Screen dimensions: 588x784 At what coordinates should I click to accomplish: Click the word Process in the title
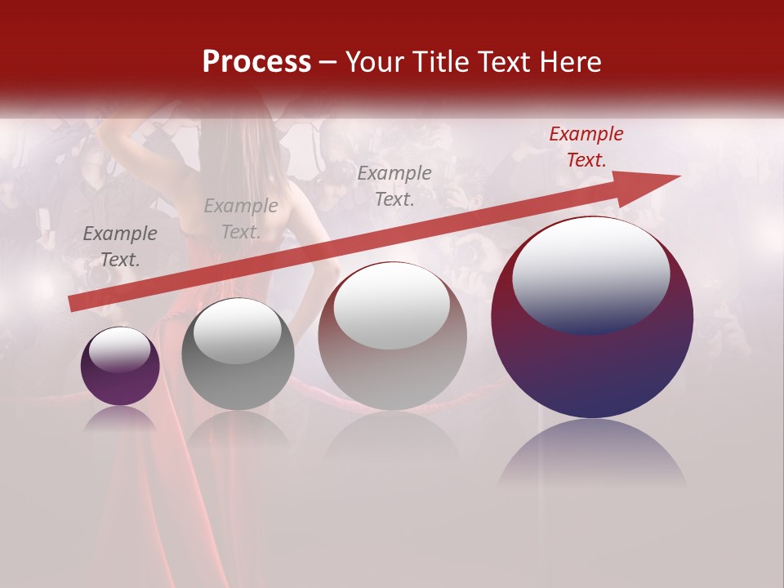pyautogui.click(x=256, y=62)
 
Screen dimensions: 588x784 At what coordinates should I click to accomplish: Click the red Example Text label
pyautogui.click(x=586, y=147)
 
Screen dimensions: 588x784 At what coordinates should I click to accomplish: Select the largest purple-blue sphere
pyautogui.click(x=592, y=359)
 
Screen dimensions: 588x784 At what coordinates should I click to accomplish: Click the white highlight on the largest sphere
pyautogui.click(x=590, y=274)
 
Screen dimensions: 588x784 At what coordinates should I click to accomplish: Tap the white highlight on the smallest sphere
pyautogui.click(x=119, y=350)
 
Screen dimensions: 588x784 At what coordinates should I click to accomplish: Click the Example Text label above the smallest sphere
pyautogui.click(x=120, y=247)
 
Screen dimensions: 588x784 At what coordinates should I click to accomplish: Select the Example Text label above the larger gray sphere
pyautogui.click(x=394, y=185)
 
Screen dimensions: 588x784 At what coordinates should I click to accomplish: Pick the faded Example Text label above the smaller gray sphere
pyautogui.click(x=241, y=219)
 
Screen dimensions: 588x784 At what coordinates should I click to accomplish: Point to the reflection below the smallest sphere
pyautogui.click(x=120, y=418)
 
